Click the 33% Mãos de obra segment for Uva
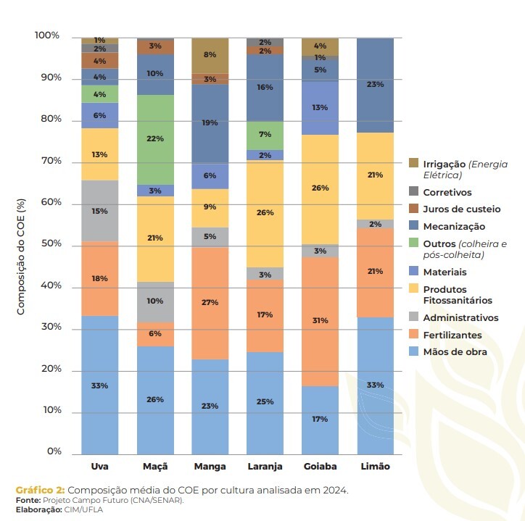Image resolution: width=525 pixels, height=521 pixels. pos(99,385)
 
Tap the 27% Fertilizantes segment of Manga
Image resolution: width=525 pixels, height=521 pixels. pos(210,303)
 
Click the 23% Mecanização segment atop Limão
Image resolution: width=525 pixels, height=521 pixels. pos(375,85)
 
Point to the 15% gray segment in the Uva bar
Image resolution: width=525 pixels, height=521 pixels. pos(99,211)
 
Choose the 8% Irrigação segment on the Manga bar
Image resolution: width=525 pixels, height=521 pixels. pos(210,55)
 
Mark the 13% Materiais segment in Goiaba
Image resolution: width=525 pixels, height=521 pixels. pos(320,108)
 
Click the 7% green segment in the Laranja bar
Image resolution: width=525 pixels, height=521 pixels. pos(265,135)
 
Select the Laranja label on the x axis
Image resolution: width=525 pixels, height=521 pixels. pos(265,467)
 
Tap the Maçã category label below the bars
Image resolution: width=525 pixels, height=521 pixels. pos(154,467)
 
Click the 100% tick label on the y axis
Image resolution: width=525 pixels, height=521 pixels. pos(46,36)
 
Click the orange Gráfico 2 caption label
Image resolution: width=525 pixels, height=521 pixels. pos(40,491)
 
